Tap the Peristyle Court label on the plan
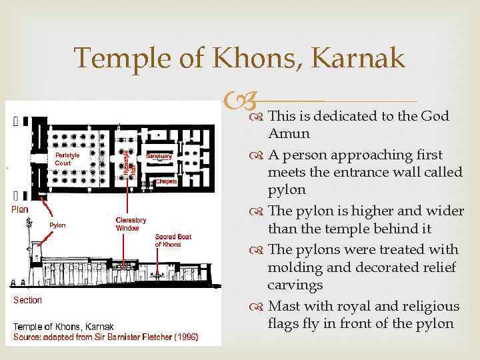click(67, 159)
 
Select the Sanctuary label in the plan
click(159, 155)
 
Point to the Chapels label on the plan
click(166, 181)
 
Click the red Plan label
click(20, 209)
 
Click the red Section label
click(28, 300)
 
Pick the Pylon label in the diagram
click(58, 225)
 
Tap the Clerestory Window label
click(131, 224)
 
